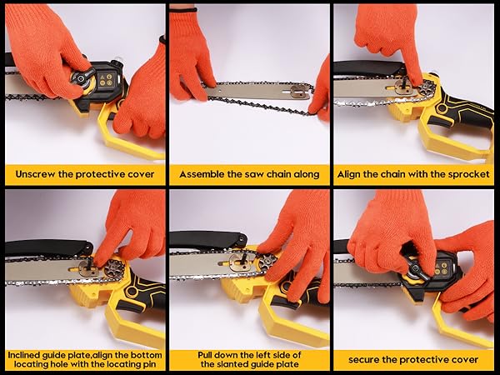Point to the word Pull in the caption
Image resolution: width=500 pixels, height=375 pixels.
point(205,355)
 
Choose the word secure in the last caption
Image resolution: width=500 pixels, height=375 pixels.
point(363,360)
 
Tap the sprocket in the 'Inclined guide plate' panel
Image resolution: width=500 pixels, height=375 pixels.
point(114,267)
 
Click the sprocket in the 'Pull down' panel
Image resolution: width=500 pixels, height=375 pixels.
point(267,262)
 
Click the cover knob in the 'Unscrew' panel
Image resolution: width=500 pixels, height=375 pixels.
point(83,79)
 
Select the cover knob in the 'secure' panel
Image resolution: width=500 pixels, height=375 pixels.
point(414,268)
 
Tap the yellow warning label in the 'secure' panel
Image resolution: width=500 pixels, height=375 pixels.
point(444,267)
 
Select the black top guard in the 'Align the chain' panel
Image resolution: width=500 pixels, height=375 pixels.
point(370,68)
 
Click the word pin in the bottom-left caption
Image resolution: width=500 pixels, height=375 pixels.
point(149,364)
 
